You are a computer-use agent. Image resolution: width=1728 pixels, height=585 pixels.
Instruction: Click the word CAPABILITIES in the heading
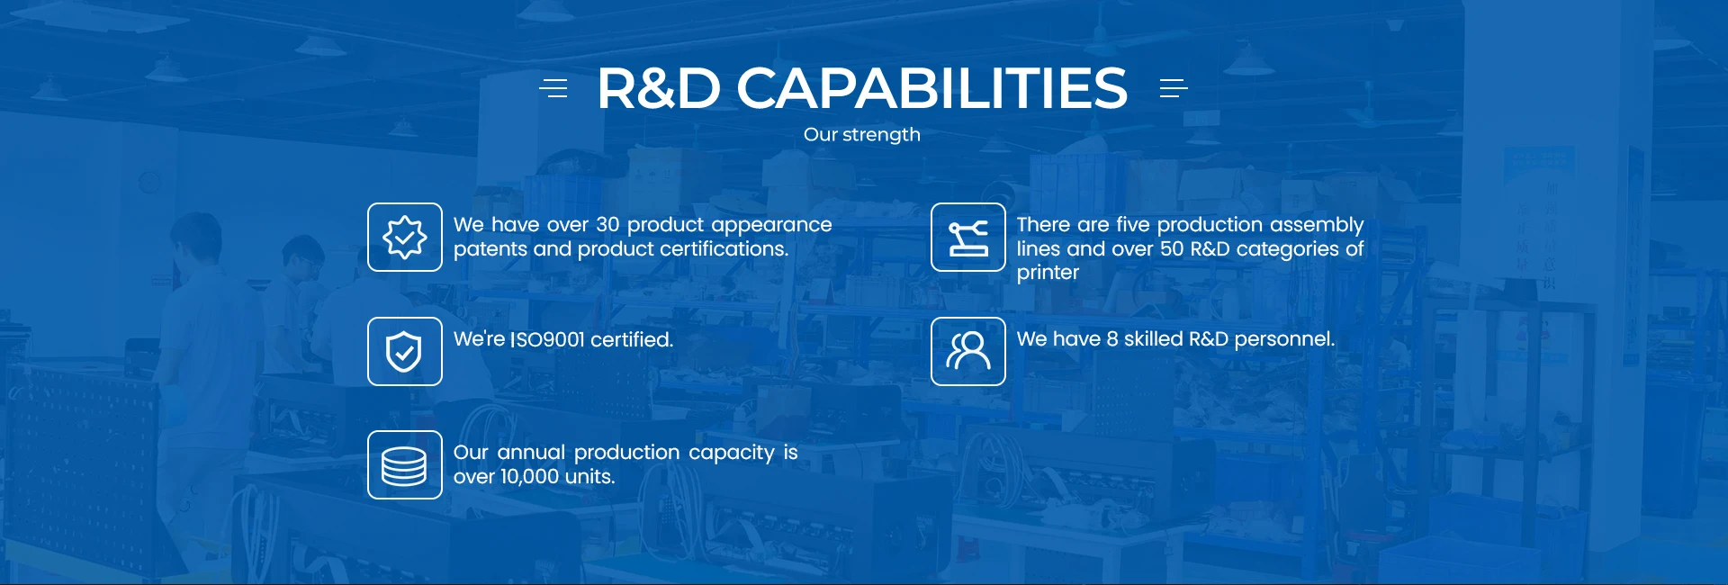click(931, 88)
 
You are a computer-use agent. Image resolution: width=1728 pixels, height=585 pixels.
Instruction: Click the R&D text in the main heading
click(659, 88)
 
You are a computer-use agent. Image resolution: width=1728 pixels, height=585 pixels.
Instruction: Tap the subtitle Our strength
click(862, 135)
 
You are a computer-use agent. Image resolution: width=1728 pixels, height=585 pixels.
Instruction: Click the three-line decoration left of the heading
click(553, 88)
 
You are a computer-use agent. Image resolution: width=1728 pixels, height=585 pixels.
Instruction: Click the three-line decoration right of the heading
click(1174, 88)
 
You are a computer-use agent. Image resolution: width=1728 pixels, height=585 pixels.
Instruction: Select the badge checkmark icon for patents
click(405, 238)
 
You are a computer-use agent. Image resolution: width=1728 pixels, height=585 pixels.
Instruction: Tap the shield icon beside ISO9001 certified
click(405, 352)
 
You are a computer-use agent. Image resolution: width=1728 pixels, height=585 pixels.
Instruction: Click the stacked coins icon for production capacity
click(405, 465)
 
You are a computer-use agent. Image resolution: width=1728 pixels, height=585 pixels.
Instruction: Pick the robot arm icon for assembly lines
click(968, 238)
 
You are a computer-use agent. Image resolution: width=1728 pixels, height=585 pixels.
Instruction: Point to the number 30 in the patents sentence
click(607, 225)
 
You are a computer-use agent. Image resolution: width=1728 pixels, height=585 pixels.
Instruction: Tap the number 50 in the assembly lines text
click(1172, 249)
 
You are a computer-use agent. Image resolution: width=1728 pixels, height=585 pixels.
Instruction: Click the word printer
click(1048, 273)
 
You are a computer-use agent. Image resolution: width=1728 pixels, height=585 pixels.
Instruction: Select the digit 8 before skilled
click(1112, 339)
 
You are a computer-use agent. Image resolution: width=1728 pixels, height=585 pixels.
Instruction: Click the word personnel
click(1284, 339)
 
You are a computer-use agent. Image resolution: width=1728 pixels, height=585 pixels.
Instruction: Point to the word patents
click(490, 249)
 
